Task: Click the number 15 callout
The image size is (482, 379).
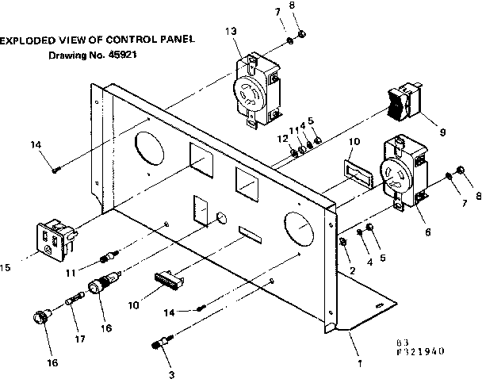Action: (x=7, y=269)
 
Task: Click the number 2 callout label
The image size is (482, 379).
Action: (x=351, y=270)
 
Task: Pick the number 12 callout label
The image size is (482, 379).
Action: (x=282, y=139)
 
